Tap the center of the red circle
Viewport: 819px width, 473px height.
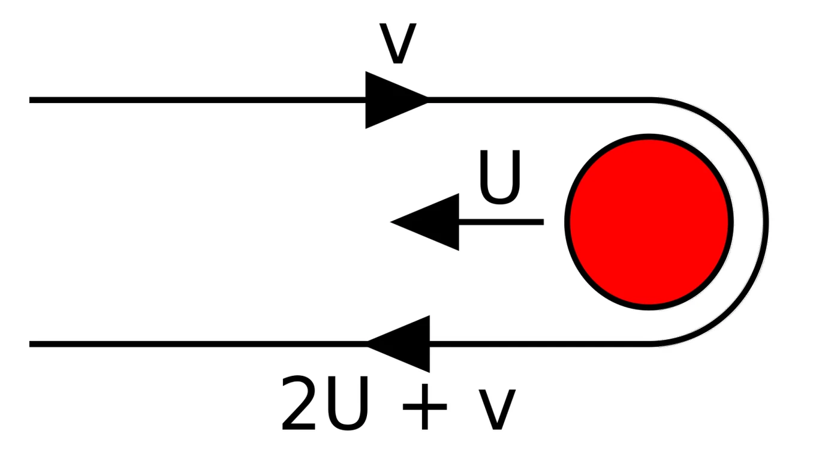pyautogui.click(x=648, y=221)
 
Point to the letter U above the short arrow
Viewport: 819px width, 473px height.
pyautogui.click(x=499, y=178)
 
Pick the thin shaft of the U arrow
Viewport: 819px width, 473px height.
pyautogui.click(x=501, y=222)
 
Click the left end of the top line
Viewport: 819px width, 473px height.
pyautogui.click(x=31, y=100)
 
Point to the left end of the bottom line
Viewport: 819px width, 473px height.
pyautogui.click(x=31, y=344)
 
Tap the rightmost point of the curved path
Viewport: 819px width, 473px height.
pyautogui.click(x=766, y=221)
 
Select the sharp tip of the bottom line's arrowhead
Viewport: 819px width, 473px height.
pyautogui.click(x=367, y=344)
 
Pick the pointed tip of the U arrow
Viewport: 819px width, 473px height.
pyautogui.click(x=392, y=222)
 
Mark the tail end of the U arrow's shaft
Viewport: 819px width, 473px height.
pyautogui.click(x=542, y=222)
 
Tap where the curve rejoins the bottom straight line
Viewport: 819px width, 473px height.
pyautogui.click(x=651, y=344)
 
